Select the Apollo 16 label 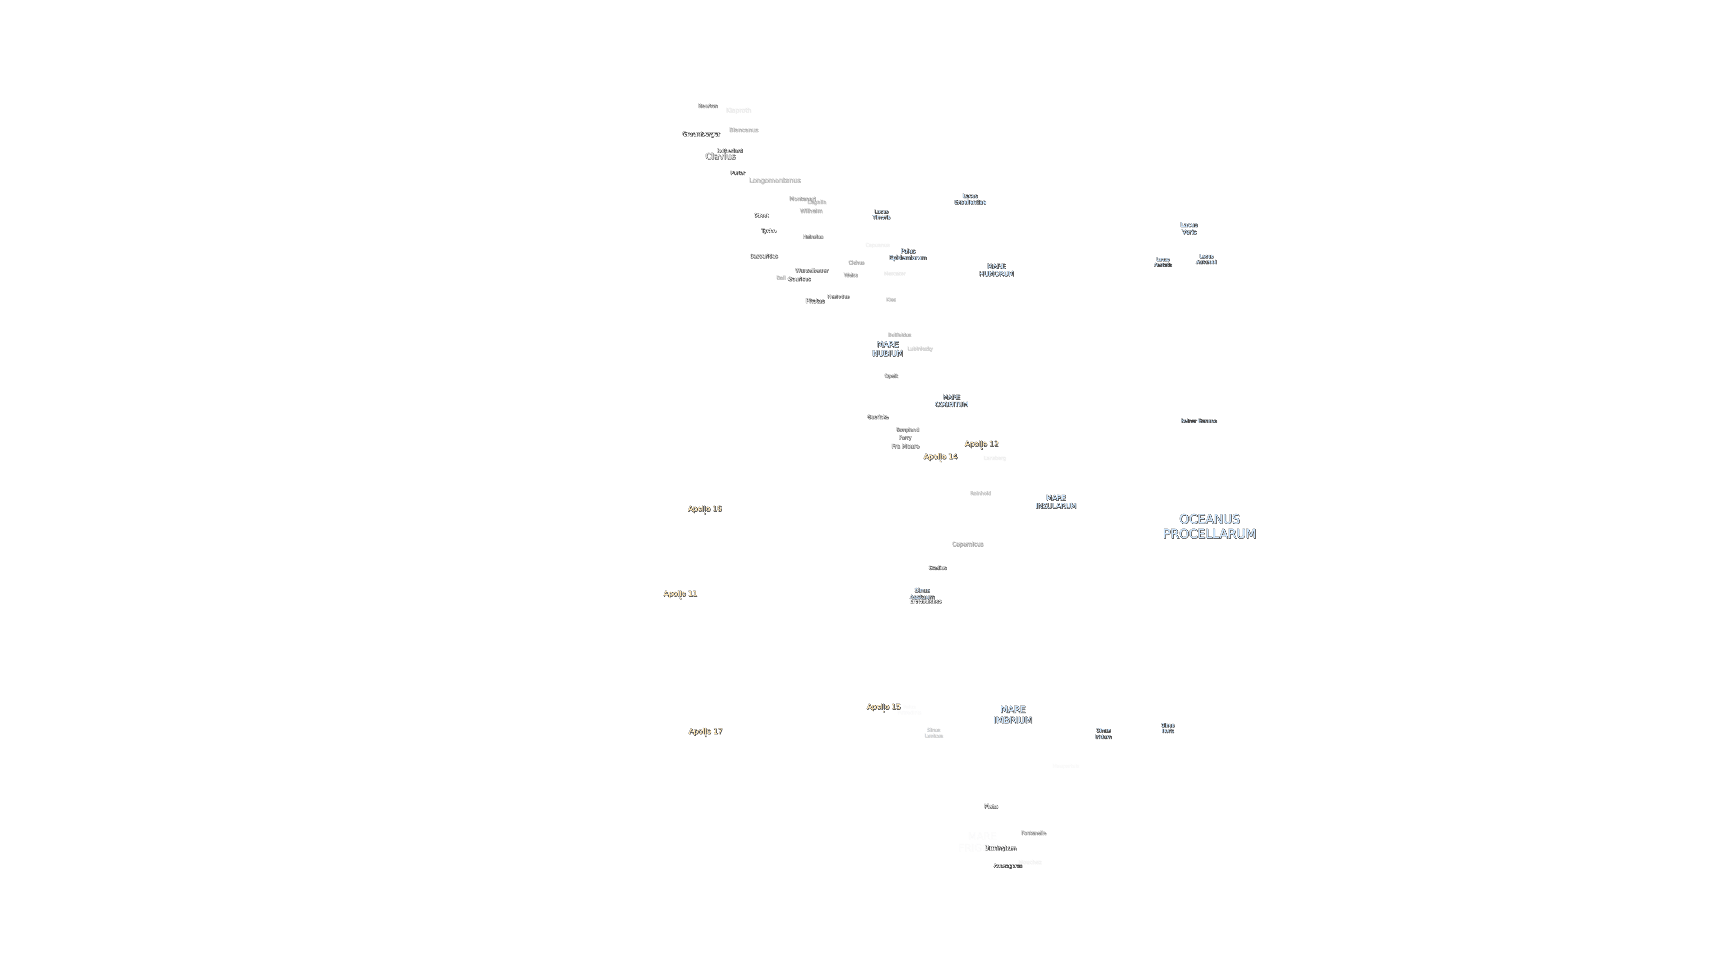[x=704, y=509]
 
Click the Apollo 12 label [x=981, y=444]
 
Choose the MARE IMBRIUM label [x=1012, y=714]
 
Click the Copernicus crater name [x=967, y=544]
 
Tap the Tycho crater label [x=768, y=230]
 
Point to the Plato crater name [x=990, y=806]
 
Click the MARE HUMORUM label [x=995, y=270]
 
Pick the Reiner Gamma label [x=1198, y=421]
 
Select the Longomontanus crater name [x=774, y=180]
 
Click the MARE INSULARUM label [x=1055, y=502]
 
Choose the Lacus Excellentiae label [x=969, y=199]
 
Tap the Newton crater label [x=707, y=106]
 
